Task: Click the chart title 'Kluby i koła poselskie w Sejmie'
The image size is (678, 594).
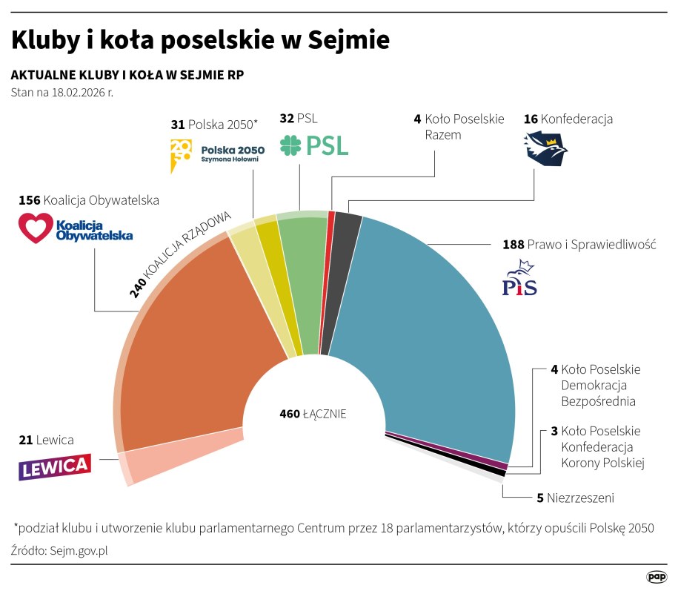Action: point(200,40)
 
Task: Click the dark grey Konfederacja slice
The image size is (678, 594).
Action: point(342,260)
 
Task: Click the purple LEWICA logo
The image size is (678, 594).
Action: point(55,467)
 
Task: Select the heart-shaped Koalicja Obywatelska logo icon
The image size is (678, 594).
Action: point(36,228)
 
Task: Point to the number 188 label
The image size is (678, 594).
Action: point(513,245)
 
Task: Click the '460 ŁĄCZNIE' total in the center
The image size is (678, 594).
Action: point(313,414)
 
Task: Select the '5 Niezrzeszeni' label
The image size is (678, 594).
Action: point(575,498)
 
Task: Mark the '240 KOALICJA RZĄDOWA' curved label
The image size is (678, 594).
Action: point(181,254)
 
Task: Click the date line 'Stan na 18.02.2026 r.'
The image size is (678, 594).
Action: point(62,93)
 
